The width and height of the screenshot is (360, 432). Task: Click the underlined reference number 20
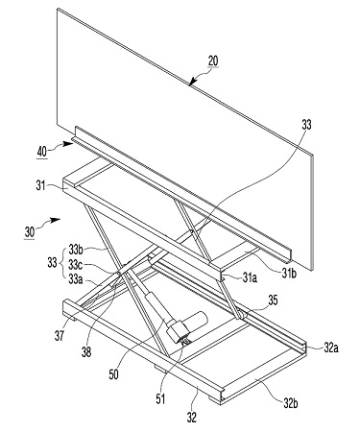tap(213, 60)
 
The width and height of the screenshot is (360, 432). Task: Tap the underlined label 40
tap(42, 153)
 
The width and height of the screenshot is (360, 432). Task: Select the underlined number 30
tap(29, 232)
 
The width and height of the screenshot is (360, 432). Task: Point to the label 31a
tap(250, 277)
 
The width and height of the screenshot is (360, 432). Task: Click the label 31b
tap(289, 273)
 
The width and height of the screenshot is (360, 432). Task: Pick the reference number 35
tap(273, 300)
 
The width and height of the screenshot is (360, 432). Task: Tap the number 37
tap(60, 336)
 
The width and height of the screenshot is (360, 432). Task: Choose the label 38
tap(86, 352)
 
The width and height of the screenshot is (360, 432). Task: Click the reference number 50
tap(113, 374)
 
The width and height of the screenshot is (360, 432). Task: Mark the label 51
tap(160, 398)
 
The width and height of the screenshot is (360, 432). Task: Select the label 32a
tap(331, 348)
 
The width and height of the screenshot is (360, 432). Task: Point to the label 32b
tap(290, 403)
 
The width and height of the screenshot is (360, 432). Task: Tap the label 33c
tap(75, 265)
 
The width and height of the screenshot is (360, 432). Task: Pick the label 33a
tap(76, 280)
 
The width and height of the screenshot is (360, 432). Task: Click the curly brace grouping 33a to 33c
tap(61, 264)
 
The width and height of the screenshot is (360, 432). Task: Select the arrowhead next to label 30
tap(56, 220)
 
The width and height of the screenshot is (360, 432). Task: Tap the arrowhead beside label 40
tap(68, 144)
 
